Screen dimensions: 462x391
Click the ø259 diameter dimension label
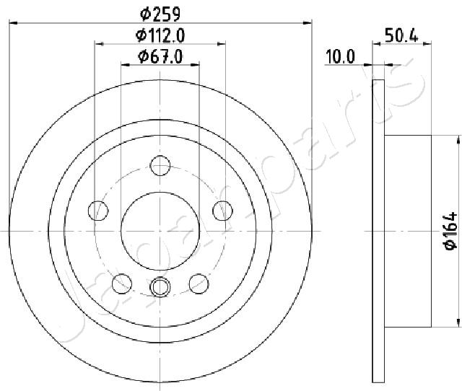(160, 14)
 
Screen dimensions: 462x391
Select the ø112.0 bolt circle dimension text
(160, 35)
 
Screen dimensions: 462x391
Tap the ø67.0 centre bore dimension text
(160, 56)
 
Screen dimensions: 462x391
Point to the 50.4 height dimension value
(401, 36)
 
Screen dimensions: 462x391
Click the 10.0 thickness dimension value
(340, 57)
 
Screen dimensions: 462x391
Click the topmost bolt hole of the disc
(160, 166)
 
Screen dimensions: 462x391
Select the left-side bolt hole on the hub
(98, 211)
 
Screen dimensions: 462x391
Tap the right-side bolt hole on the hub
(222, 211)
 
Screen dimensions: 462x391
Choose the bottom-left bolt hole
(122, 284)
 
